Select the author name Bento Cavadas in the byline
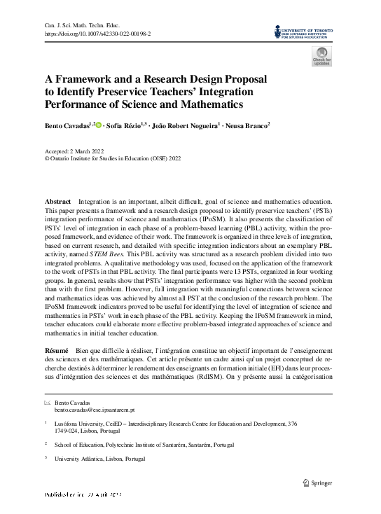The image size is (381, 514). click(x=67, y=125)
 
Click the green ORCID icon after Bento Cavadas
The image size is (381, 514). click(x=99, y=125)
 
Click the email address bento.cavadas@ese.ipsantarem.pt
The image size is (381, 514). click(x=95, y=410)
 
